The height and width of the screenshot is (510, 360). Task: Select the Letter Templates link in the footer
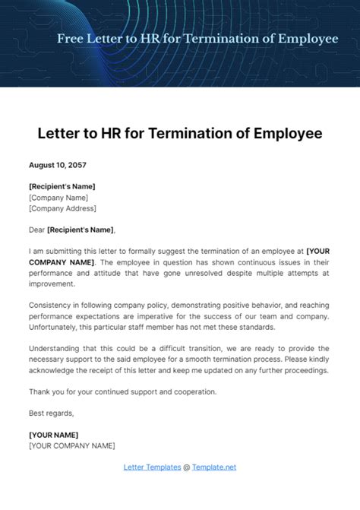tap(152, 467)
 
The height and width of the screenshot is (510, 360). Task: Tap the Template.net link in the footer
tap(214, 467)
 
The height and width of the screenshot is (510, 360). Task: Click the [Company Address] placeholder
tap(62, 207)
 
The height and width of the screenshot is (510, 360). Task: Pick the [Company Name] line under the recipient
tap(58, 197)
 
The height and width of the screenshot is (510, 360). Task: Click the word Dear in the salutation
tap(36, 230)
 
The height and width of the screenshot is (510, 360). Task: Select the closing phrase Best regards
tap(52, 413)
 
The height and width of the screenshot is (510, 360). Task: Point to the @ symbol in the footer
tap(187, 467)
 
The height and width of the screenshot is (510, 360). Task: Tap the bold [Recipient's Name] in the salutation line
tap(81, 230)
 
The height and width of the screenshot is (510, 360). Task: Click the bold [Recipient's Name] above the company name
tap(62, 186)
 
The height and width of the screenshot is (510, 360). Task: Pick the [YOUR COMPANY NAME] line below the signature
tap(72, 445)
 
